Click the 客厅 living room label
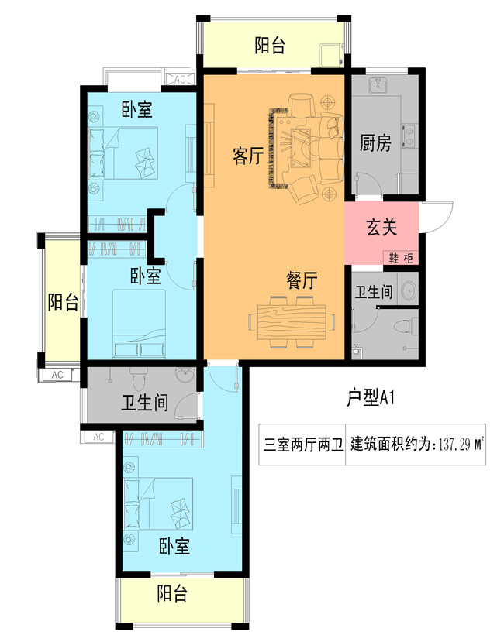tap(247, 157)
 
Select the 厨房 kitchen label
tap(375, 143)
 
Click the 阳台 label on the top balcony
tap(270, 46)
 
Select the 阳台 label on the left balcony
tap(62, 303)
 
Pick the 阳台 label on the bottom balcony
tap(172, 595)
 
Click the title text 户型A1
tap(371, 398)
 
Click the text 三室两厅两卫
tap(302, 445)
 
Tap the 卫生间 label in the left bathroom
tap(145, 403)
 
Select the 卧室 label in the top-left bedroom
tap(137, 111)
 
